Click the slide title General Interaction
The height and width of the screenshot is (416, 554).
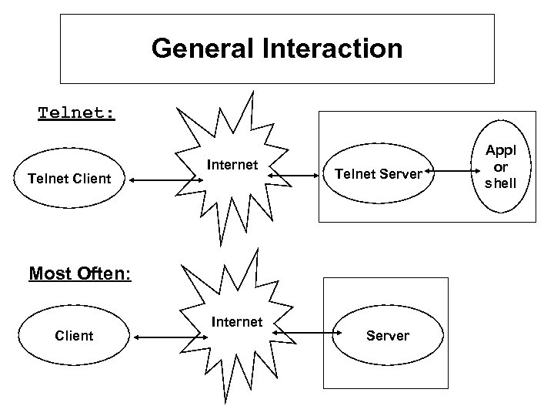click(277, 49)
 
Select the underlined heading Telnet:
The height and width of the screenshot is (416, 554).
click(77, 113)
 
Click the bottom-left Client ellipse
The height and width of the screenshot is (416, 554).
click(75, 335)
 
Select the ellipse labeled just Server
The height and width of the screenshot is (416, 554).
click(388, 335)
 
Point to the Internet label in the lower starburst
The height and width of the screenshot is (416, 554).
click(235, 321)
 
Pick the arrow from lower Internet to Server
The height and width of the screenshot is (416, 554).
click(307, 334)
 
